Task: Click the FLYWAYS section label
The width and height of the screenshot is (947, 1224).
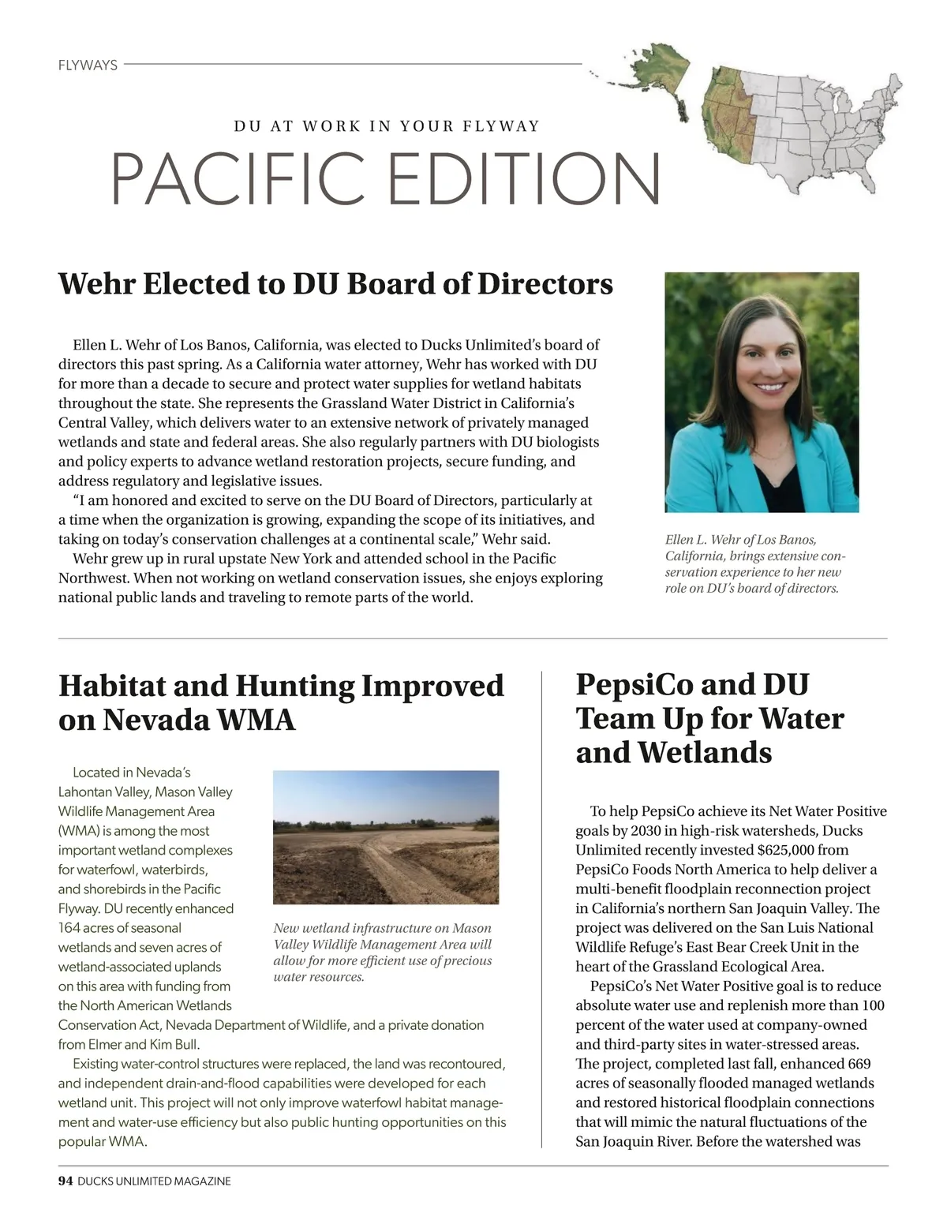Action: coord(88,66)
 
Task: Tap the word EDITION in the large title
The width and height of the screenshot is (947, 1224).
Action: coord(525,179)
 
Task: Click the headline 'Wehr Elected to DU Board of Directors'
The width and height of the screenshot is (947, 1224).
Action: coord(335,284)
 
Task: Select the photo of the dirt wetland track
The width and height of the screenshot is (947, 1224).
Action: coord(386,837)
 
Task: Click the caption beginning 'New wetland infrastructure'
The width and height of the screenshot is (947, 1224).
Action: coord(383,952)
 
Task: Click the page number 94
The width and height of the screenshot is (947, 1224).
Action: coord(66,1181)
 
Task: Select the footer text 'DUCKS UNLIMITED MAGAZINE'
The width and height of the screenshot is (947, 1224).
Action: coord(155,1181)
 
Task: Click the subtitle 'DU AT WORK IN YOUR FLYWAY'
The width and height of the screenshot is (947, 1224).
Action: coord(387,126)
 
